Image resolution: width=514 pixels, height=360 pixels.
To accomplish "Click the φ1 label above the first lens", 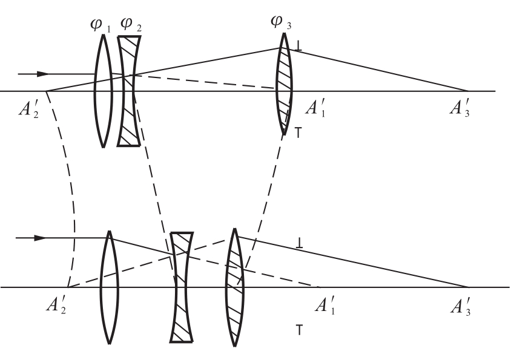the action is pos(100,26).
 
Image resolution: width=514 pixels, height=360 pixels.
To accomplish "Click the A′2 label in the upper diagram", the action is pos(28,108).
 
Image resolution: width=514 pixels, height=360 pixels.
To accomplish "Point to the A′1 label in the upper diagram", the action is pos(315,107).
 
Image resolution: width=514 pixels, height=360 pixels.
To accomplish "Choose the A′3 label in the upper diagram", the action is pos(460,107).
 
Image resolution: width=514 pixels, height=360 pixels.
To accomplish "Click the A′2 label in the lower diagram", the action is pos(56,305).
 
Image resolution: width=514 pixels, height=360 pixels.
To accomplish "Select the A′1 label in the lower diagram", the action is pos(325,305).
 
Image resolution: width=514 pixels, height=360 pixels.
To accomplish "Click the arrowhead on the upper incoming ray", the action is pos(42,74).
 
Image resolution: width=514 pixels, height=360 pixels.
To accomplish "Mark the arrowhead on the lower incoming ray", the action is pos(41,238).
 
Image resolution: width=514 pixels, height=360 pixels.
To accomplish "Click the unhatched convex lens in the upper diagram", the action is pos(104,91).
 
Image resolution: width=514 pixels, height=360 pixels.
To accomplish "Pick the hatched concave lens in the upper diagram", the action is pos(129,91).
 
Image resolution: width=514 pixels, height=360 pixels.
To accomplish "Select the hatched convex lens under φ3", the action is pos(284,84).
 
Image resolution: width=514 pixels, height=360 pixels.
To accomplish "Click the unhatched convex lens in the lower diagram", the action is pos(109,287).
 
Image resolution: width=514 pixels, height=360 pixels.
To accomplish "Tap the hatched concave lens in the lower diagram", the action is pos(181,287).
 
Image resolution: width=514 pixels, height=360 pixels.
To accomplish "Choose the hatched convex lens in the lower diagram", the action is pos(234,287).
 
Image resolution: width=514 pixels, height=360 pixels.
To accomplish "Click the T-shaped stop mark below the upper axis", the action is pos(298,133).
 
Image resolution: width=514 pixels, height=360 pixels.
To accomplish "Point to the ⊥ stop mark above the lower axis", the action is pos(299,243).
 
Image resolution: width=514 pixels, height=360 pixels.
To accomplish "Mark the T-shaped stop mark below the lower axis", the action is pos(299,330).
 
